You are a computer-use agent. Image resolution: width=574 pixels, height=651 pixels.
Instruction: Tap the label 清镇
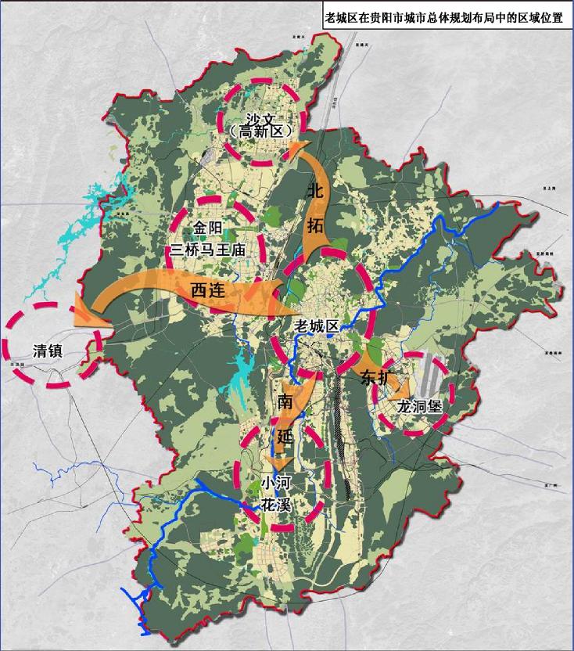[x=49, y=350]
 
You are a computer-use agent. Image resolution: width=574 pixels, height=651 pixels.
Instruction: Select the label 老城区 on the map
[x=316, y=325]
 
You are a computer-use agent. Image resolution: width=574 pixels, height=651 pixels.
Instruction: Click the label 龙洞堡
[x=419, y=407]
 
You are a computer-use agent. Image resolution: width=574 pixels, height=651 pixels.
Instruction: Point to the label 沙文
[x=261, y=118]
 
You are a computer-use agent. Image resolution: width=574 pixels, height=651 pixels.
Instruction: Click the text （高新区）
[x=261, y=133]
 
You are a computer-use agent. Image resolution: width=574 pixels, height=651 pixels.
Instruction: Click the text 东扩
[x=375, y=378]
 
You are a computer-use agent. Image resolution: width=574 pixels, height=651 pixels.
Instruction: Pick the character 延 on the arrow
[x=283, y=435]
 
